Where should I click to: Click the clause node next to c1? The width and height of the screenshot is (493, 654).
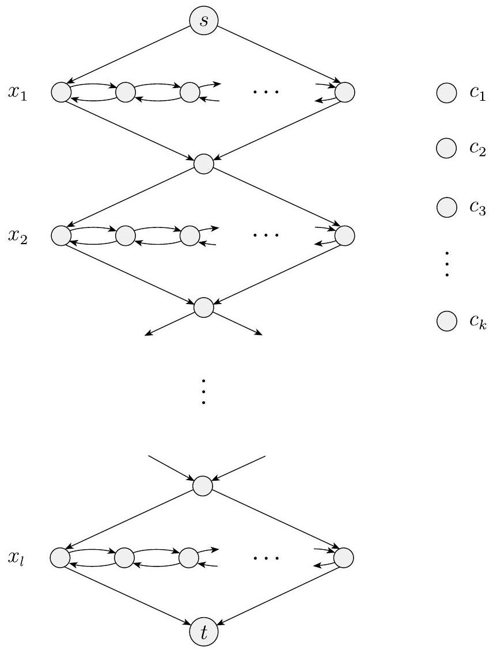click(x=446, y=92)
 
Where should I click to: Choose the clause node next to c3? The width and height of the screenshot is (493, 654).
click(x=446, y=207)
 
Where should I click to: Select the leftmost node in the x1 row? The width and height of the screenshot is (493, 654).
click(x=60, y=92)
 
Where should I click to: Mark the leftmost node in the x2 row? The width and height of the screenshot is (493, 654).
click(x=60, y=235)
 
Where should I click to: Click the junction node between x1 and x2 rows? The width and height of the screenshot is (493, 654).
click(x=203, y=164)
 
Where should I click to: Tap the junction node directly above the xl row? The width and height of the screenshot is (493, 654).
click(x=203, y=485)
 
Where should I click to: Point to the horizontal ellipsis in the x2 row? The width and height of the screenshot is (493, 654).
click(x=266, y=235)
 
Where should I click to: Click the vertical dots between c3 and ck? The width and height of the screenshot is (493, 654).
click(x=446, y=264)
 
